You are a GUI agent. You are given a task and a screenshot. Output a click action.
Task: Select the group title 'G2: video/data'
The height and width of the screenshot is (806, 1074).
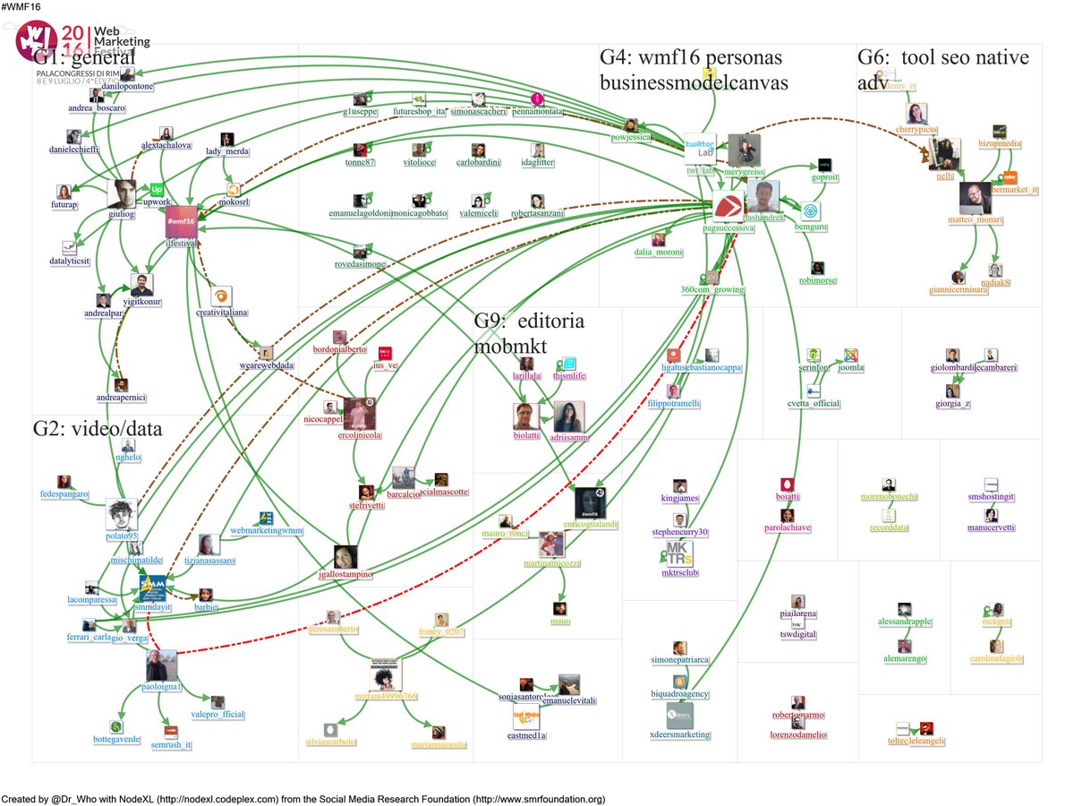point(98,429)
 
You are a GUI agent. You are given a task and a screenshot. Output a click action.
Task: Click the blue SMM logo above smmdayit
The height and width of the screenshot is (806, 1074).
point(151,587)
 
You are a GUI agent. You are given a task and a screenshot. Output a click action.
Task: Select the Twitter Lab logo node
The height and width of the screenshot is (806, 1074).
point(699,147)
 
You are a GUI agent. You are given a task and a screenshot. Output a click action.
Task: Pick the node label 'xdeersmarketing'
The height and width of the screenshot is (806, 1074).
point(679,735)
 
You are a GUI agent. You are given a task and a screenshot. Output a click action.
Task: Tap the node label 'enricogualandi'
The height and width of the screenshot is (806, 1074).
point(593,523)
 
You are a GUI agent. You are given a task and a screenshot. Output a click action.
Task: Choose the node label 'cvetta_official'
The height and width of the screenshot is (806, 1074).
point(814,404)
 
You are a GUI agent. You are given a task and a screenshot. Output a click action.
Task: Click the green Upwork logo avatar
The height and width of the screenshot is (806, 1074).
point(157,190)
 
